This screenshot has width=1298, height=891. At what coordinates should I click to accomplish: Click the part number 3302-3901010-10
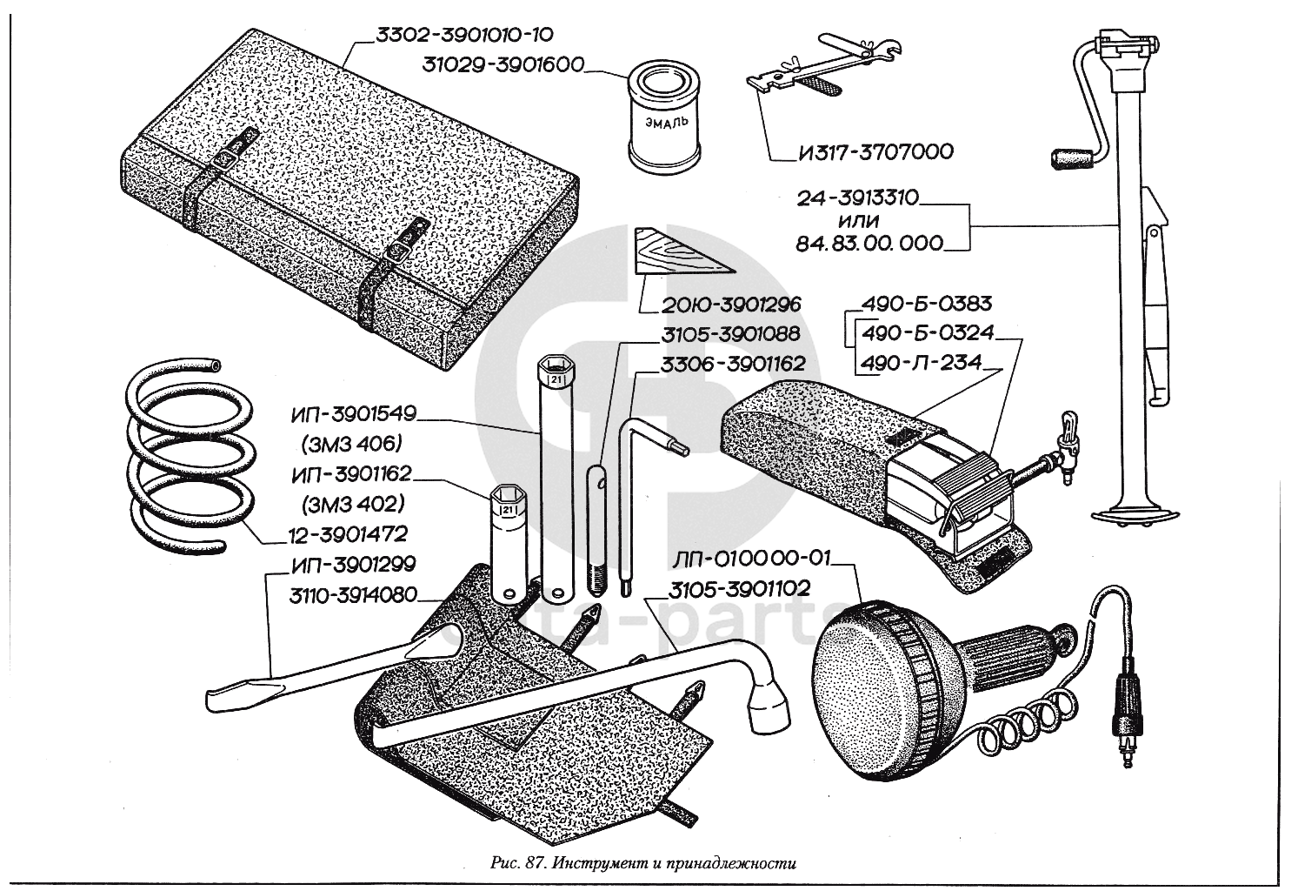[465, 35]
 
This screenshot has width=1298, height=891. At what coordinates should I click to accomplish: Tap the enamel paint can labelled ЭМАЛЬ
[664, 118]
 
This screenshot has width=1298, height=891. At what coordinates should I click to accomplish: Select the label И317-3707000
[876, 152]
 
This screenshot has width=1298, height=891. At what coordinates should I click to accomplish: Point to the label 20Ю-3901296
[730, 305]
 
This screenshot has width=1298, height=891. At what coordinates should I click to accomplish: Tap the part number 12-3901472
[348, 534]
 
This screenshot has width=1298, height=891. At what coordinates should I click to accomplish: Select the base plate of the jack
[1135, 515]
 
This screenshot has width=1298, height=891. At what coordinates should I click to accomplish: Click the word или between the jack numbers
[858, 221]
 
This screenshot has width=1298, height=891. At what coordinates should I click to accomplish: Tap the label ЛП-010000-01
[751, 558]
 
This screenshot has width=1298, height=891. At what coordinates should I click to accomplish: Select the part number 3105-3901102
[739, 589]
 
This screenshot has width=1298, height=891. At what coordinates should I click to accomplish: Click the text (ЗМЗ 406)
[352, 445]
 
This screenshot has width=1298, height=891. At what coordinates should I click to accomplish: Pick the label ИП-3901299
[354, 565]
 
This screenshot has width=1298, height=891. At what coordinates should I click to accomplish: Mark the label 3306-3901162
[733, 365]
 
